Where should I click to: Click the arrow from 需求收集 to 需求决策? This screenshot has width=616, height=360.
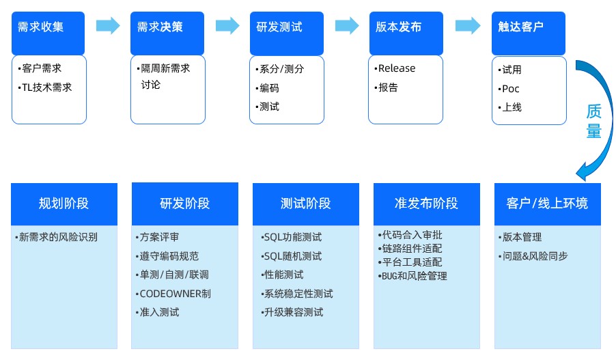coord(108,26)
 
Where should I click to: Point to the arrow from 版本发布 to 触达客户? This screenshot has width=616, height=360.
coord(467,26)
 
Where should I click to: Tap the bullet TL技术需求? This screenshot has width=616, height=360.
coord(46,87)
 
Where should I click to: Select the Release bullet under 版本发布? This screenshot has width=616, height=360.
coord(396,68)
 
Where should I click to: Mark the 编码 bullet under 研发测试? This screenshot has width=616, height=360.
coord(269,88)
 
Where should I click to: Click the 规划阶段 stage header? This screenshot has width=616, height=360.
coord(64,204)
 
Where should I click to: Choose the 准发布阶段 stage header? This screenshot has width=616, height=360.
coord(427,204)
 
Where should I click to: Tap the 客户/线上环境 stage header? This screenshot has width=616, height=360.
coord(547,204)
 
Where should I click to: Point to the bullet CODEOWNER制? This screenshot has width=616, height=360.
coord(175,294)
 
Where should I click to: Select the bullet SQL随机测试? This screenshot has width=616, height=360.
coord(292,256)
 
